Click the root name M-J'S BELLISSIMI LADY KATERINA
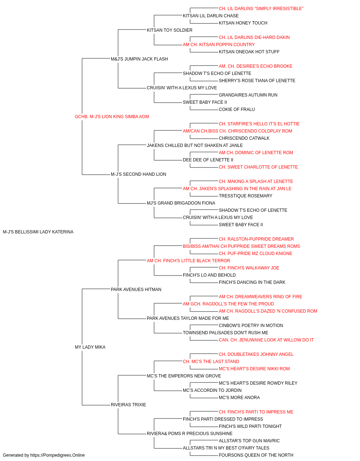[x=38, y=232]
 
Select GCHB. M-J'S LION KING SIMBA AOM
[x=112, y=116]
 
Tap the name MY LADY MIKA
[x=90, y=347]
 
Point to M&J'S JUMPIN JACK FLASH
[x=139, y=59]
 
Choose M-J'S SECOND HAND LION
[x=139, y=174]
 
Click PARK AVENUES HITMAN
[x=136, y=289]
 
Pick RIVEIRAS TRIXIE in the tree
[x=128, y=404]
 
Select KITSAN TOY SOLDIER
[x=170, y=30]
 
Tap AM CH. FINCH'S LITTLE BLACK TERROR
[x=189, y=260]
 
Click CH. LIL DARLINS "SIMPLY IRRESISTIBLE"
[x=261, y=9]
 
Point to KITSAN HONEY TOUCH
[x=243, y=23]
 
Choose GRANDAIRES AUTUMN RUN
[x=248, y=95]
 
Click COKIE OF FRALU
[x=237, y=109]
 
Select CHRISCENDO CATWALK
[x=244, y=138]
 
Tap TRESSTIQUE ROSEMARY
[x=246, y=196]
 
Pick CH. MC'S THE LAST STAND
[x=211, y=362]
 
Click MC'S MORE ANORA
[x=239, y=397]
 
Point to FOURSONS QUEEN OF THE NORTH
[x=256, y=455]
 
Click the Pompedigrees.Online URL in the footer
[x=58, y=455]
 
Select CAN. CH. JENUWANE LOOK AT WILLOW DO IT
[x=266, y=340]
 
